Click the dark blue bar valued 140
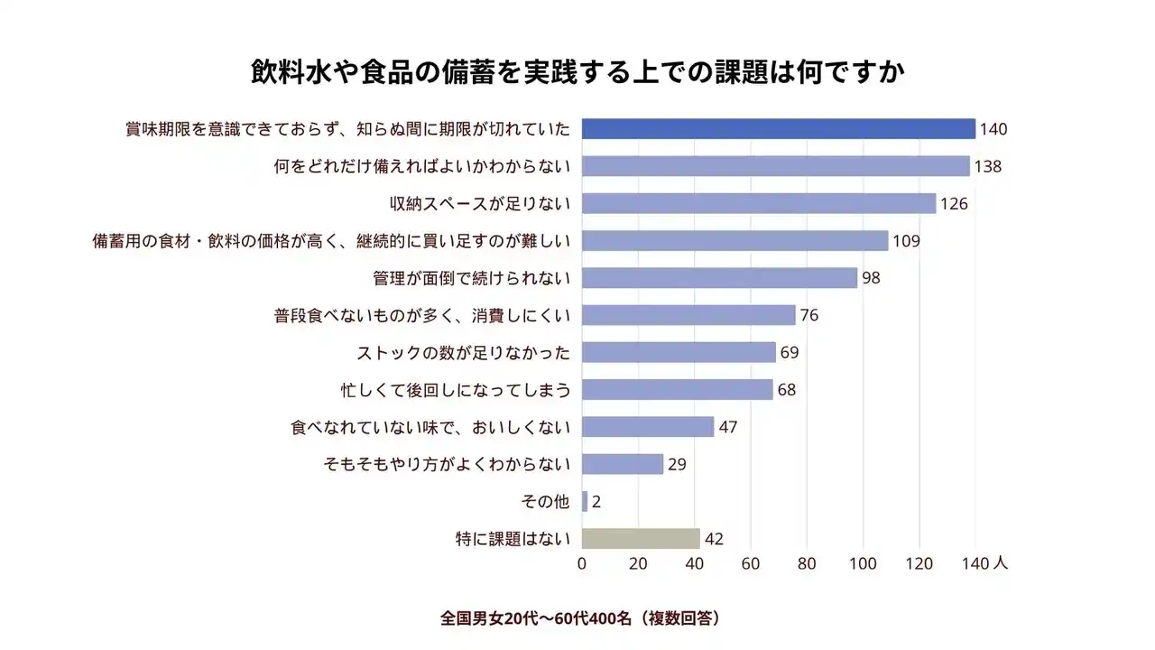778,129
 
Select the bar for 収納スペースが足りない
758,203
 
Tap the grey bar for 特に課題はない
641,539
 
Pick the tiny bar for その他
585,501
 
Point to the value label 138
988,166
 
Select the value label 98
871,278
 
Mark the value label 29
677,464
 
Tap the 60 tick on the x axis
751,563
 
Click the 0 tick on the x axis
582,563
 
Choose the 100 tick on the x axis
864,563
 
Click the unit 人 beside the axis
1000,562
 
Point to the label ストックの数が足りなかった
464,352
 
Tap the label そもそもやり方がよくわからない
447,464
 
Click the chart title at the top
577,72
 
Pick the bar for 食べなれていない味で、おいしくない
647,427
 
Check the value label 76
809,315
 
